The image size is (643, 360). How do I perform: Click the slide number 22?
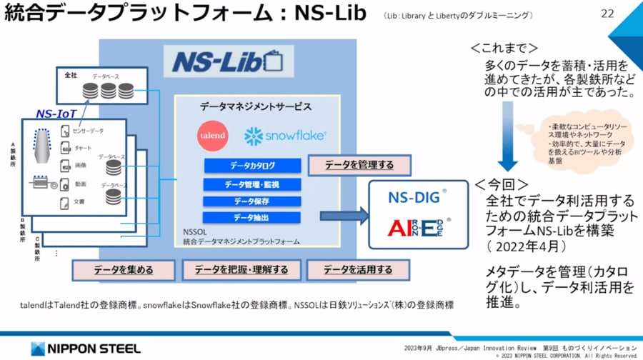pyautogui.click(x=608, y=14)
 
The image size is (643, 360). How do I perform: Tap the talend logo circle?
pyautogui.click(x=212, y=135)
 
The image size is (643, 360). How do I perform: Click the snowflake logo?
pyautogui.click(x=285, y=135)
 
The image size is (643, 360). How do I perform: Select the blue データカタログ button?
pyautogui.click(x=251, y=166)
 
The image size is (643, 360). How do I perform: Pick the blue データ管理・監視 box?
pyautogui.click(x=251, y=184)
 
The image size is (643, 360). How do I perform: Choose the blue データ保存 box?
pyautogui.click(x=251, y=201)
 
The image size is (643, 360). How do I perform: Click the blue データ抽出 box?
pyautogui.click(x=251, y=217)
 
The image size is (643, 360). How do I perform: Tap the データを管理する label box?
pyautogui.click(x=360, y=166)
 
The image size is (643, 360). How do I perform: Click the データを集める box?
pyautogui.click(x=124, y=270)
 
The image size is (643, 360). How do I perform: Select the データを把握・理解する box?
pyautogui.click(x=241, y=270)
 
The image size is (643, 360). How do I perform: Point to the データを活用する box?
pyautogui.click(x=358, y=270)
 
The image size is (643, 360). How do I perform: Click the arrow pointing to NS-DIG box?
pyautogui.click(x=344, y=215)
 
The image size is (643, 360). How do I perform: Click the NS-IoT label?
pyautogui.click(x=58, y=113)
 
